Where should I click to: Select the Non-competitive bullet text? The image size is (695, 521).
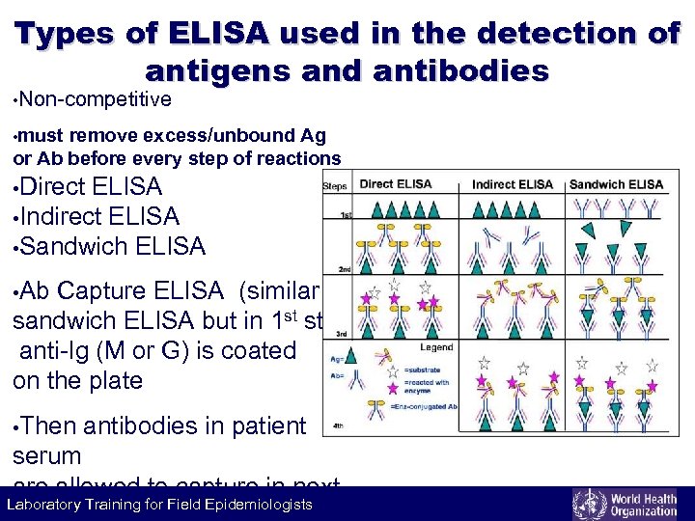point(95,99)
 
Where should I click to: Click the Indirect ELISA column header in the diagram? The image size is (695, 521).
point(513,184)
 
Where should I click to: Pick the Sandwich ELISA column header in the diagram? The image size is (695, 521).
point(616,184)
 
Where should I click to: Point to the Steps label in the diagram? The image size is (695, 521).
point(335,185)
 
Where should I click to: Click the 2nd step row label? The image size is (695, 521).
point(344,269)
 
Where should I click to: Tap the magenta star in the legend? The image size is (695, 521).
point(393,387)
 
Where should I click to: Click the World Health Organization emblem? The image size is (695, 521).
point(587,505)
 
